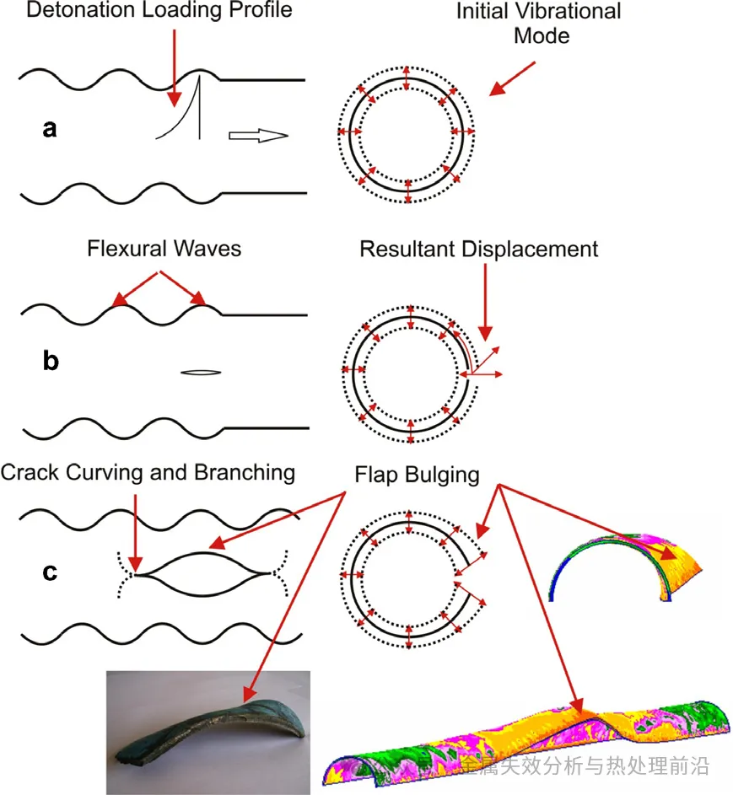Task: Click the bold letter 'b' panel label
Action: pyautogui.click(x=51, y=362)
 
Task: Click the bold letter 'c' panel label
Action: pyautogui.click(x=51, y=572)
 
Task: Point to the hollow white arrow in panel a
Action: pyautogui.click(x=258, y=136)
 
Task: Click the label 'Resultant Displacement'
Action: pyautogui.click(x=478, y=250)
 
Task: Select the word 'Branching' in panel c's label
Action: pyautogui.click(x=243, y=472)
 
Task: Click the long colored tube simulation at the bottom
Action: pyautogui.click(x=527, y=743)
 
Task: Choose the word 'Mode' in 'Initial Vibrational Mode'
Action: pyautogui.click(x=546, y=35)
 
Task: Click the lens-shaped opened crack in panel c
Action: pyautogui.click(x=203, y=574)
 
